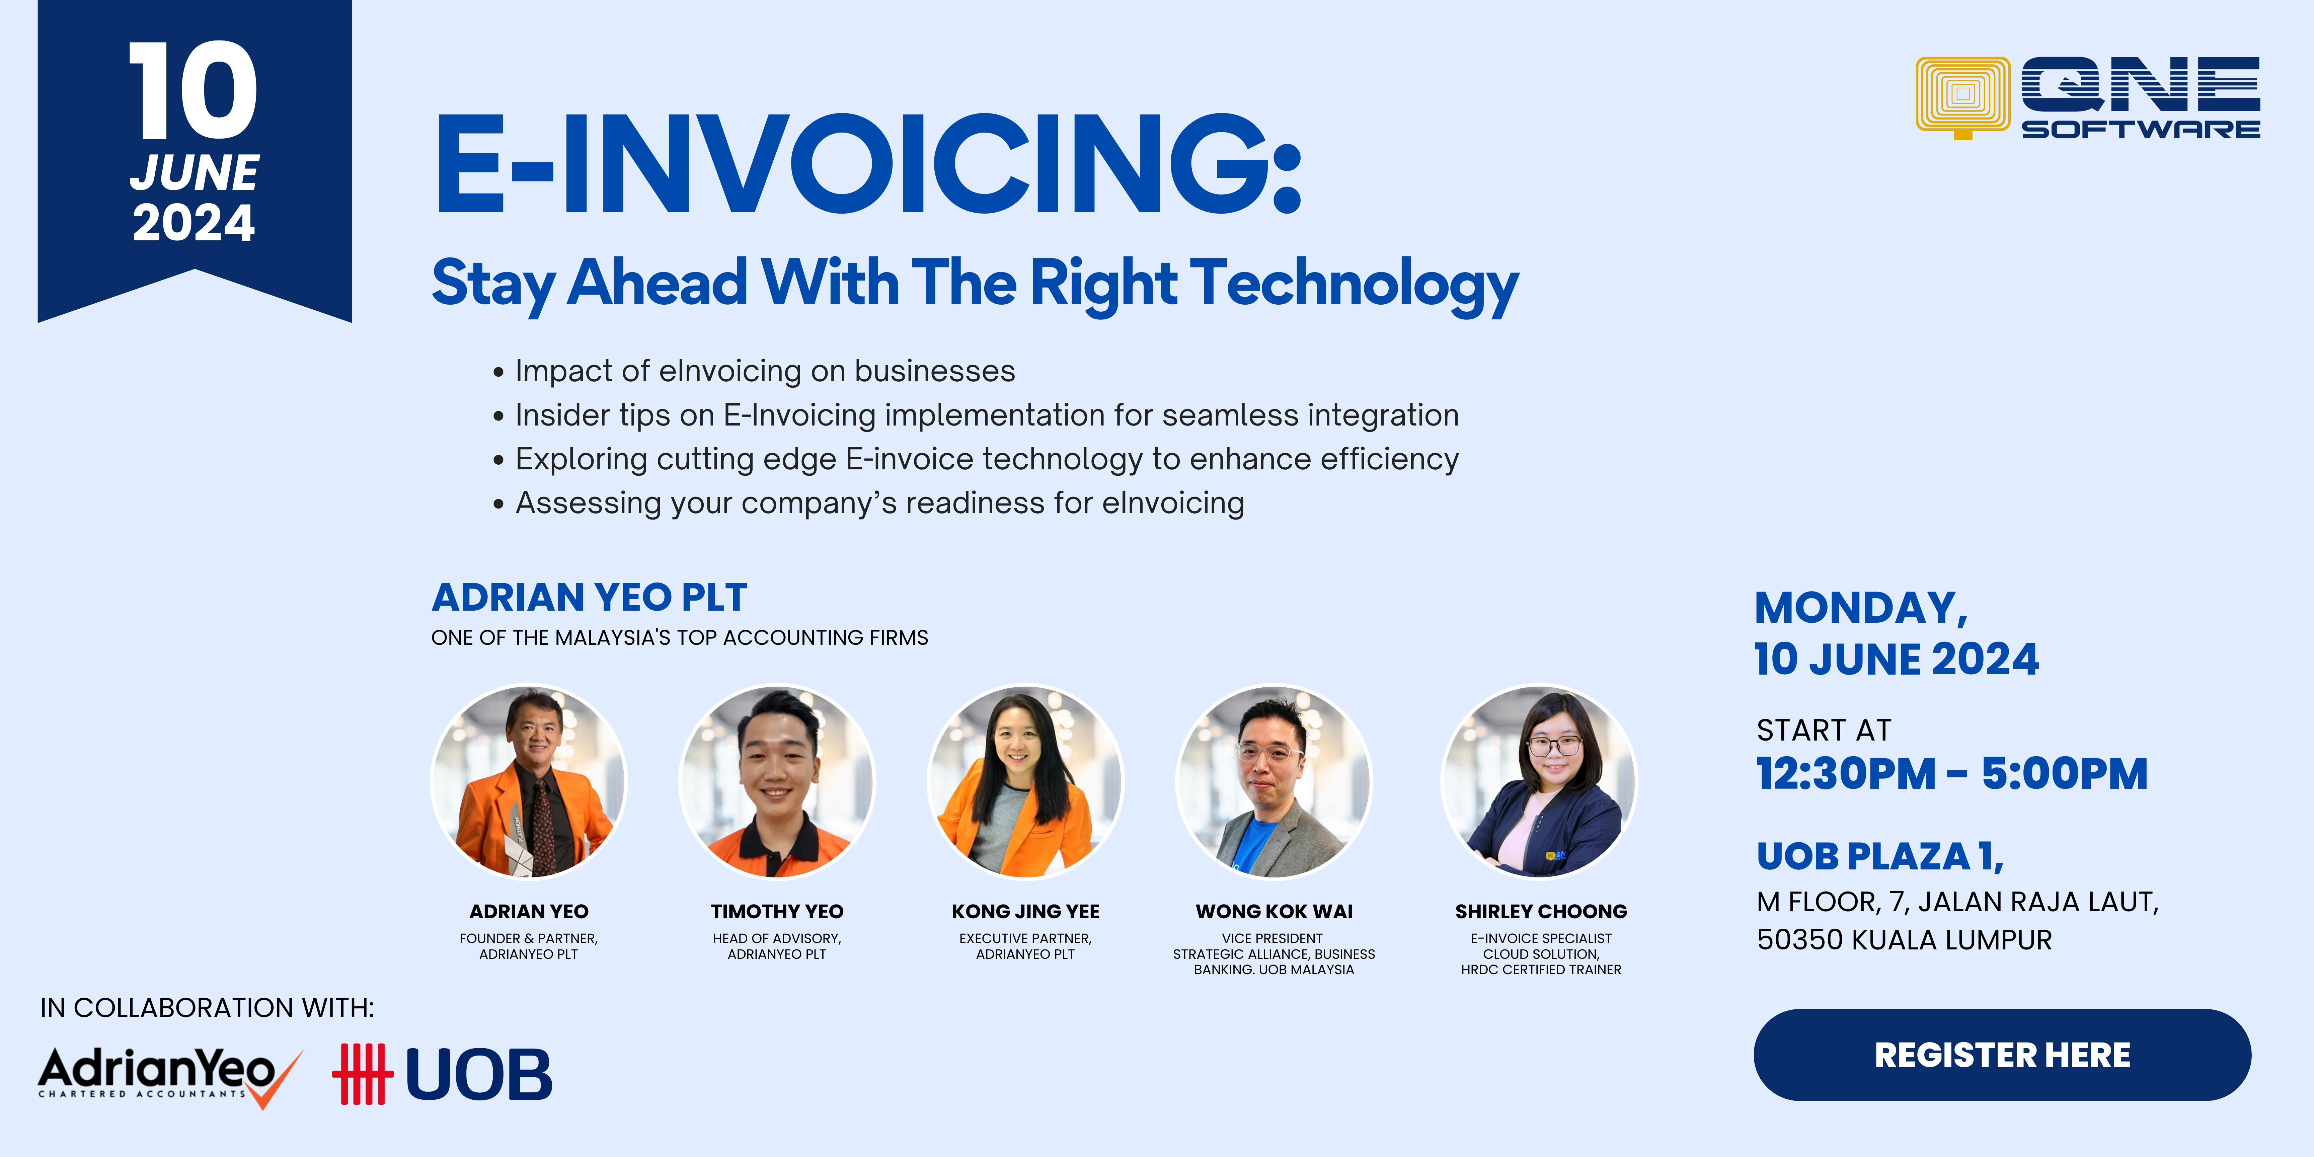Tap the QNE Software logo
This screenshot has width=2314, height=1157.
[x=2088, y=98]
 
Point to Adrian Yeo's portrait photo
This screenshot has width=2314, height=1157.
[x=529, y=781]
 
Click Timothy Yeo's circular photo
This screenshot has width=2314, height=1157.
[x=777, y=781]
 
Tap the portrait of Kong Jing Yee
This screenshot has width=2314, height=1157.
[x=1025, y=781]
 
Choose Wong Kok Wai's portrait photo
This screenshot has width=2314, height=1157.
[x=1274, y=781]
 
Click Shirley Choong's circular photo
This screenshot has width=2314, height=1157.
[x=1540, y=781]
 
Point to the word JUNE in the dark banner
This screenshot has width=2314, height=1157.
[x=194, y=172]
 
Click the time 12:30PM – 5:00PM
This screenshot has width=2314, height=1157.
[x=1952, y=773]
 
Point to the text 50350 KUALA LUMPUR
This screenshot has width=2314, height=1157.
[x=1904, y=940]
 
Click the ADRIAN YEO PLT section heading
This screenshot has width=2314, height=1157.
[x=589, y=597]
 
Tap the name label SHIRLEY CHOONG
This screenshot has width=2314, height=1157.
[x=1541, y=912]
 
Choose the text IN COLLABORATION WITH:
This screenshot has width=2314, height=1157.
[x=208, y=1008]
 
